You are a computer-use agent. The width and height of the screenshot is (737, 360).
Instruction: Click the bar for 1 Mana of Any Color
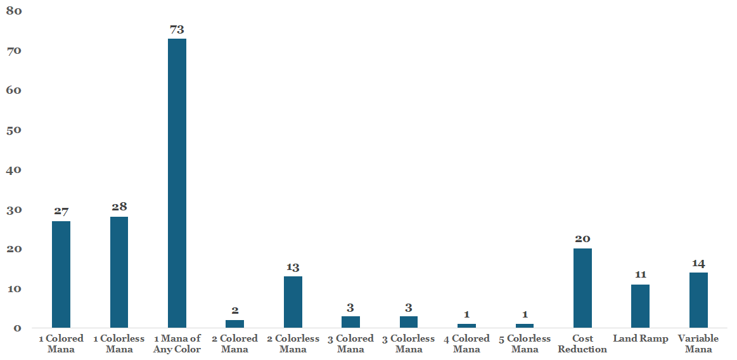pos(177,183)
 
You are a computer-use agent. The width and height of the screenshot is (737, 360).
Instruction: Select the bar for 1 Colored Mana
pos(61,274)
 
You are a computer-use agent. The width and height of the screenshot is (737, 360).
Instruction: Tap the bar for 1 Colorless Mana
pos(119,272)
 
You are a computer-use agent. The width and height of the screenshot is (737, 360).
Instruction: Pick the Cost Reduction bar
pos(582,288)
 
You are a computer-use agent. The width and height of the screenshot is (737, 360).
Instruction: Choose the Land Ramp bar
pos(640,306)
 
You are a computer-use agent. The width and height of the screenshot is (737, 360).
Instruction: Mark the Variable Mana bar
pos(698,300)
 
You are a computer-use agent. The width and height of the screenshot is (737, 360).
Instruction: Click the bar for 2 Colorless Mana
pos(293,302)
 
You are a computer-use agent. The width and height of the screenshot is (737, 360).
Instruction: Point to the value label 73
pos(177,30)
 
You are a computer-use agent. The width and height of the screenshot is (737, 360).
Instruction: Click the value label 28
pos(119,207)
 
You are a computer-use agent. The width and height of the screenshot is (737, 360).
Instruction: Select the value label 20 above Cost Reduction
pos(582,239)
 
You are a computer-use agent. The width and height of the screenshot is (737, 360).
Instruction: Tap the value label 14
pos(698,263)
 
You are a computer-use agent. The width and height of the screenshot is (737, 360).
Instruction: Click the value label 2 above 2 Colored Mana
pos(235,311)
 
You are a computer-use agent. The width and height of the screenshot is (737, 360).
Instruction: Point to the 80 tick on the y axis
pos(14,10)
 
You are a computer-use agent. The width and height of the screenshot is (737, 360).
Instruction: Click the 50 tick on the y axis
pos(14,130)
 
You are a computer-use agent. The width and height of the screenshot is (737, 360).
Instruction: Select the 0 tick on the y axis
pos(17,328)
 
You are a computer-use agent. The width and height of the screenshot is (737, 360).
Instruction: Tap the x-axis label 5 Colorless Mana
pos(525,344)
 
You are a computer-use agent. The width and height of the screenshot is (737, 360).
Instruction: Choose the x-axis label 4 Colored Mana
pos(467,344)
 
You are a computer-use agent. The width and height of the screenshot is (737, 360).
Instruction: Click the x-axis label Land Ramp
pos(640,339)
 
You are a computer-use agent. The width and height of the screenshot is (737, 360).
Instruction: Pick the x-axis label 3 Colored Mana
pos(351,344)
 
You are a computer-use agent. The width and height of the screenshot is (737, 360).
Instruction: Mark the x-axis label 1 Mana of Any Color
pos(177,344)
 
